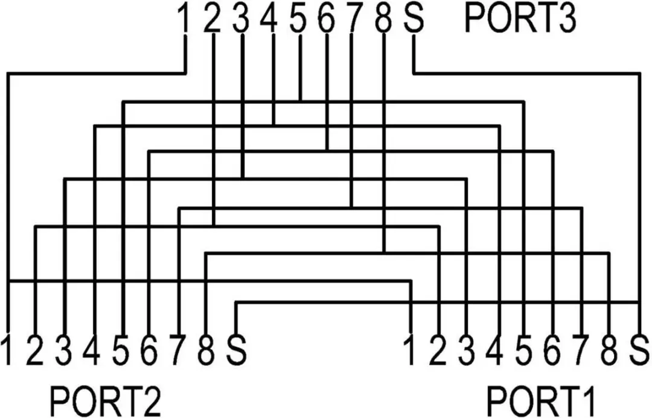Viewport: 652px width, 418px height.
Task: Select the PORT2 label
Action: tap(106, 401)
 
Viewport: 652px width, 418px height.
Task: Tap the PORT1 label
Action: tap(541, 401)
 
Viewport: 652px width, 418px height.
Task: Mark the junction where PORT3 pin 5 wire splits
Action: tap(300, 101)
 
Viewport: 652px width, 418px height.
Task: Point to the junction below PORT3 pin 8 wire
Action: tap(384, 252)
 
